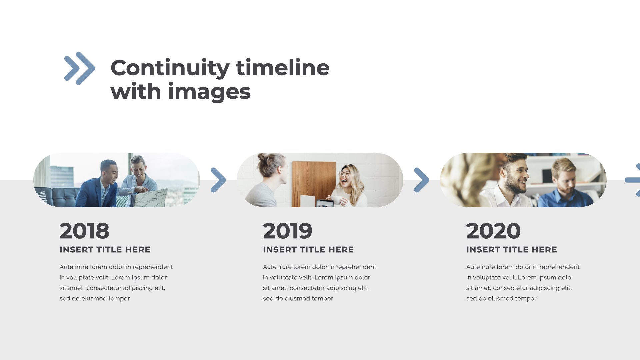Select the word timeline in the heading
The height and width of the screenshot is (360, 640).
(x=283, y=68)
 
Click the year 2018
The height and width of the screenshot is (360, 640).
(x=84, y=231)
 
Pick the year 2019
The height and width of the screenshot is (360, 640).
(x=287, y=231)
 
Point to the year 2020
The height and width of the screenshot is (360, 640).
(x=493, y=231)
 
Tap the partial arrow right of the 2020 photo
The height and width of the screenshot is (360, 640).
(x=633, y=180)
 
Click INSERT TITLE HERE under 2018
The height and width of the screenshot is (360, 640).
(x=105, y=250)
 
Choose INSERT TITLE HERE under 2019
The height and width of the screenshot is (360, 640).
(x=308, y=250)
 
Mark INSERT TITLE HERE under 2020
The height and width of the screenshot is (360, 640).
(x=512, y=250)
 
